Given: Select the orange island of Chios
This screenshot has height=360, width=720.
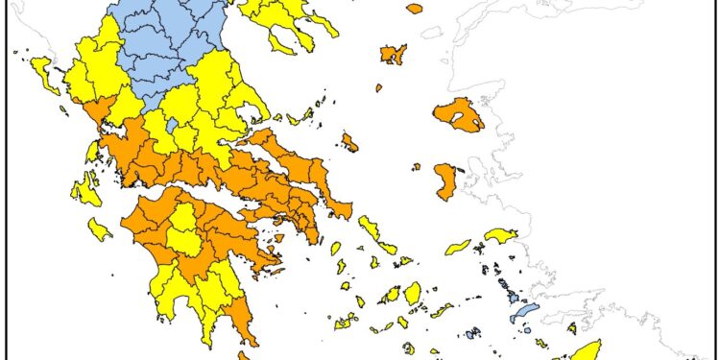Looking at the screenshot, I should pyautogui.click(x=445, y=181).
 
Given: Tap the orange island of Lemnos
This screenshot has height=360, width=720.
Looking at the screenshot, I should pyautogui.click(x=392, y=54).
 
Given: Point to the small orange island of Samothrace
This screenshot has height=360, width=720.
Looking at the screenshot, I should pyautogui.click(x=414, y=9).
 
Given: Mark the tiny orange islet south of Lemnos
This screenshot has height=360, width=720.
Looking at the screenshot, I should pyautogui.click(x=379, y=88).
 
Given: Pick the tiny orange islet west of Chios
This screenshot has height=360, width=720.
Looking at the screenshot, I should pyautogui.click(x=416, y=166).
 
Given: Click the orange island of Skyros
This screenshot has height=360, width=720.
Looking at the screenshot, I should pyautogui.click(x=349, y=143).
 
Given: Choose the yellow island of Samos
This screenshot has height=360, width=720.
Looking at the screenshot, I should pyautogui.click(x=500, y=235).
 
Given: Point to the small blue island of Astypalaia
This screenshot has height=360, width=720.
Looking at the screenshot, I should pyautogui.click(x=471, y=334).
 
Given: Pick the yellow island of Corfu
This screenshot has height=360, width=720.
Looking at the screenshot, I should pyautogui.click(x=43, y=70).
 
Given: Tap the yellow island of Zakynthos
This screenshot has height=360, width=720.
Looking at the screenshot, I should pyautogui.click(x=99, y=229).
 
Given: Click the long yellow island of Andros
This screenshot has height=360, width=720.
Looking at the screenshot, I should pyautogui.click(x=369, y=228).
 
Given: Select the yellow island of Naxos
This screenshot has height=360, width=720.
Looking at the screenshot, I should pyautogui.click(x=413, y=293).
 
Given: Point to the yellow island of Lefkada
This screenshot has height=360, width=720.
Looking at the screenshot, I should pyautogui.click(x=92, y=152).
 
